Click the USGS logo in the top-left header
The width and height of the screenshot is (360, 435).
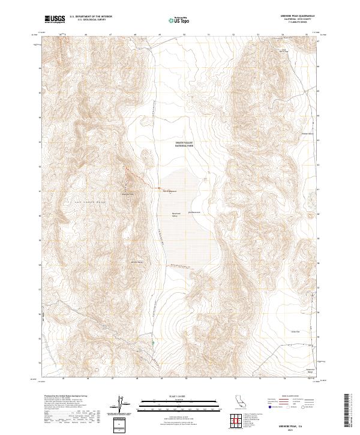(x=55, y=19)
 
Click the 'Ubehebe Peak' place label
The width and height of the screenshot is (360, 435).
(x=127, y=194)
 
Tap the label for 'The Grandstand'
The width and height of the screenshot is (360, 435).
(x=170, y=191)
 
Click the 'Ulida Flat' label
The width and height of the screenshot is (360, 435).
(x=295, y=331)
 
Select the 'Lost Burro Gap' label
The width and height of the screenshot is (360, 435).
(x=284, y=51)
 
